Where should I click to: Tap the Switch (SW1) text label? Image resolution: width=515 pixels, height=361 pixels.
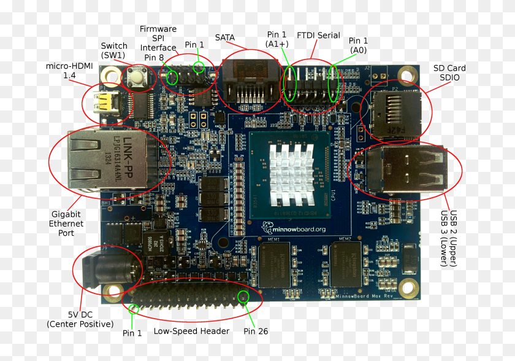pos(114,50)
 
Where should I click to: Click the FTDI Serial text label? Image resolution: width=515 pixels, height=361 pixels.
pos(318,35)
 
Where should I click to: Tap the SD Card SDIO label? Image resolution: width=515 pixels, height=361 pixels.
pos(449,73)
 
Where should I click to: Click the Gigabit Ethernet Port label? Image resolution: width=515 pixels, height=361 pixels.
pos(66,223)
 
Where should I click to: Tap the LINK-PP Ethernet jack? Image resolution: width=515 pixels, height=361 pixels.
pos(107,160)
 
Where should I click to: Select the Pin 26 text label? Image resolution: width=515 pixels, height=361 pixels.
pos(256,332)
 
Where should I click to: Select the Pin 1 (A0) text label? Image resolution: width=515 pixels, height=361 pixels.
pos(358,45)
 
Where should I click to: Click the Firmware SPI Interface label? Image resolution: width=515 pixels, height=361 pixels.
pos(158,38)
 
